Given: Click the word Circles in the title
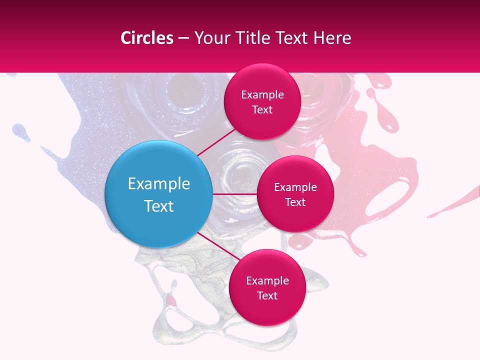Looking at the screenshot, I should tap(147, 38).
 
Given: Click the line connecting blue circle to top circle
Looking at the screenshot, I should tap(216, 141).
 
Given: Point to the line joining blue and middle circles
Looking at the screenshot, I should tap(234, 194).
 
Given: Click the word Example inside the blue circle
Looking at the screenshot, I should tap(158, 183).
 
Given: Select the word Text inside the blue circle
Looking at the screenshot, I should tap(158, 206).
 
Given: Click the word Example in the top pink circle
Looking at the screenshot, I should tap(262, 95).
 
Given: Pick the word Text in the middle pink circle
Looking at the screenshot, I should tap(295, 202).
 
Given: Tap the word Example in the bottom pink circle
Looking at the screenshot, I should tap(267, 281).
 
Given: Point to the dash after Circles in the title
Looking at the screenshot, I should tap(183, 38).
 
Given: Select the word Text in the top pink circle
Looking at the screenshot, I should tap(262, 110).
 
